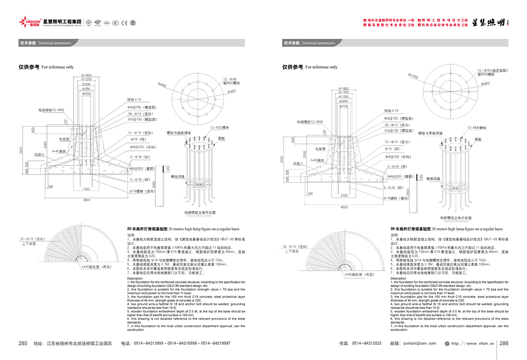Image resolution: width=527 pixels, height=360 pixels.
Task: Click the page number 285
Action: [23, 343]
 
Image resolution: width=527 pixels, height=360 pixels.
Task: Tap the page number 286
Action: [504, 343]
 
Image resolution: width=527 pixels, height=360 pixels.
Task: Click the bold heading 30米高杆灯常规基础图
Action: [410, 229]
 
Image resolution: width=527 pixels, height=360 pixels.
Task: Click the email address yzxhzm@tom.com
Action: [417, 344]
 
